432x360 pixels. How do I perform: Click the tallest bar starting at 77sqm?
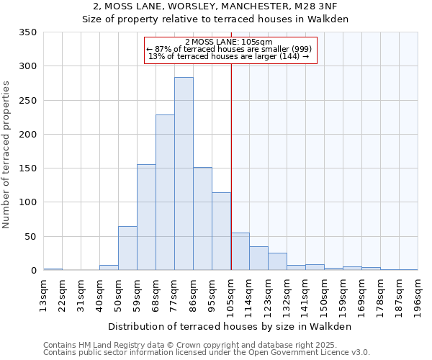point(184,174)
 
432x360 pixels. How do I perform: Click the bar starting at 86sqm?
point(202,219)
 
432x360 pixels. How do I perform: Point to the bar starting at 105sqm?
point(240,252)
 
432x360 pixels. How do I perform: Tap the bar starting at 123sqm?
point(277,262)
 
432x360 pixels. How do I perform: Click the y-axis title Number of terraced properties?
point(8,155)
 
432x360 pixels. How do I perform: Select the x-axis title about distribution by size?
point(230,326)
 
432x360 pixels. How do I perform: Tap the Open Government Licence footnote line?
point(207,352)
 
